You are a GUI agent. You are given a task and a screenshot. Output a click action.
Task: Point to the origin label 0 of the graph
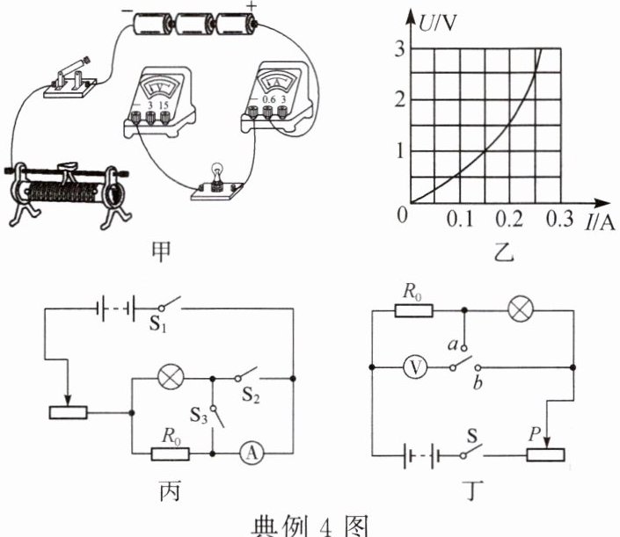click(404, 213)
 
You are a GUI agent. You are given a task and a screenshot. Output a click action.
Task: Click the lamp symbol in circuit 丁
click(521, 310)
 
